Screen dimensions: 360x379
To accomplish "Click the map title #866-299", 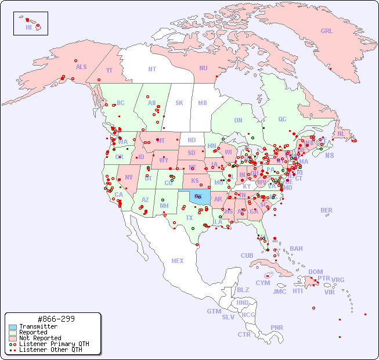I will click(x=55, y=319).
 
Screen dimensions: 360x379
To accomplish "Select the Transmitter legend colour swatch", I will click(x=13, y=326).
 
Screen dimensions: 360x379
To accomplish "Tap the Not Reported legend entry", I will click(x=39, y=338).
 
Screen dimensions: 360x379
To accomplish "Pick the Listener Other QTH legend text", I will click(x=50, y=350).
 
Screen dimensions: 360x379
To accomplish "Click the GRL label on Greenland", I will click(x=327, y=31).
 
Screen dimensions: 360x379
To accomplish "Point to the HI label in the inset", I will click(x=28, y=27).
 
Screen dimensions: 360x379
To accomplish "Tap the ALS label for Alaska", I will click(x=81, y=67).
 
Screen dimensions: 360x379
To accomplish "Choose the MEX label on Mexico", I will click(x=178, y=261).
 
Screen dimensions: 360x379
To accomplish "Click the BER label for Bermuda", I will click(x=326, y=210).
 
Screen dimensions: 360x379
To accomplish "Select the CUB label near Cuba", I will click(x=247, y=255).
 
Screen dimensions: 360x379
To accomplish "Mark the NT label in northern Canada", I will click(x=152, y=69).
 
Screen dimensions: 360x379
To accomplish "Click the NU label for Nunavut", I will click(x=203, y=68).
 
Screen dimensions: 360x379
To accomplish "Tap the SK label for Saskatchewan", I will click(x=179, y=103).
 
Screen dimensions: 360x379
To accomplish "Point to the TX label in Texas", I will click(x=189, y=218).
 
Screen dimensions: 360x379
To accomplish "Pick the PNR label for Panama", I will click(x=277, y=327).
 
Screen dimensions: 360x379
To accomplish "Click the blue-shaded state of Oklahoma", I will click(x=200, y=198).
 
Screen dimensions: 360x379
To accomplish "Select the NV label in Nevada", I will click(x=129, y=177).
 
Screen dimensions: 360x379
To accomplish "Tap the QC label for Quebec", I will click(x=282, y=119).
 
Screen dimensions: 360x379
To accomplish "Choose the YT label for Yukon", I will click(x=109, y=70).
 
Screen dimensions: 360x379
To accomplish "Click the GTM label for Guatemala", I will click(x=214, y=311).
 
